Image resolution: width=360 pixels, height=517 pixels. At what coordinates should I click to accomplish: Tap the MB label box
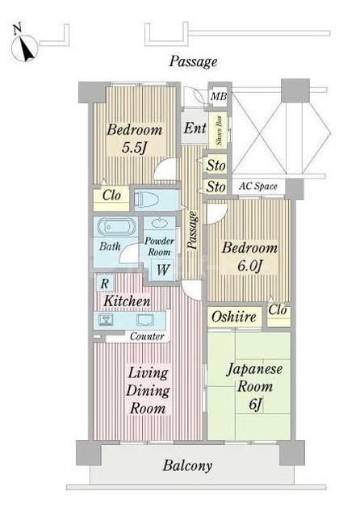tap(218, 98)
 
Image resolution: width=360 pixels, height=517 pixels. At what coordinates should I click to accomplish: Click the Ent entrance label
tap(195, 128)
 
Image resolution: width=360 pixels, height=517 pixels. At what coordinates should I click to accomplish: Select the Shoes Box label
tap(219, 132)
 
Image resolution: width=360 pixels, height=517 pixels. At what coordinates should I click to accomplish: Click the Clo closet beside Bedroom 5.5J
tap(111, 195)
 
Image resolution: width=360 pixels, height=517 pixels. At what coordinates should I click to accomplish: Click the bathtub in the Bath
tap(116, 227)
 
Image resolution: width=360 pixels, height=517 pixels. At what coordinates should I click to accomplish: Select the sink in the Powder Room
tap(160, 225)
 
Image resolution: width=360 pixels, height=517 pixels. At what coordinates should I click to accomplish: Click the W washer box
tap(163, 270)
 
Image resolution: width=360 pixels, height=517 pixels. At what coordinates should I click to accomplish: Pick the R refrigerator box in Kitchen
tap(104, 284)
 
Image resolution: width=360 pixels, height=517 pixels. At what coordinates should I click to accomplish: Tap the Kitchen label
tap(126, 301)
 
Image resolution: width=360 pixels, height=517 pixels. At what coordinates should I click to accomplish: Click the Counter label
tap(146, 336)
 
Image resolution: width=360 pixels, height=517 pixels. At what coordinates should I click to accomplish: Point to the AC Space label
tap(258, 187)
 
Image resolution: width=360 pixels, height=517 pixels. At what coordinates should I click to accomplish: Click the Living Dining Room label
tap(146, 390)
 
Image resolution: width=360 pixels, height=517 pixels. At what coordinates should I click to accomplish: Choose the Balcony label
tap(187, 465)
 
